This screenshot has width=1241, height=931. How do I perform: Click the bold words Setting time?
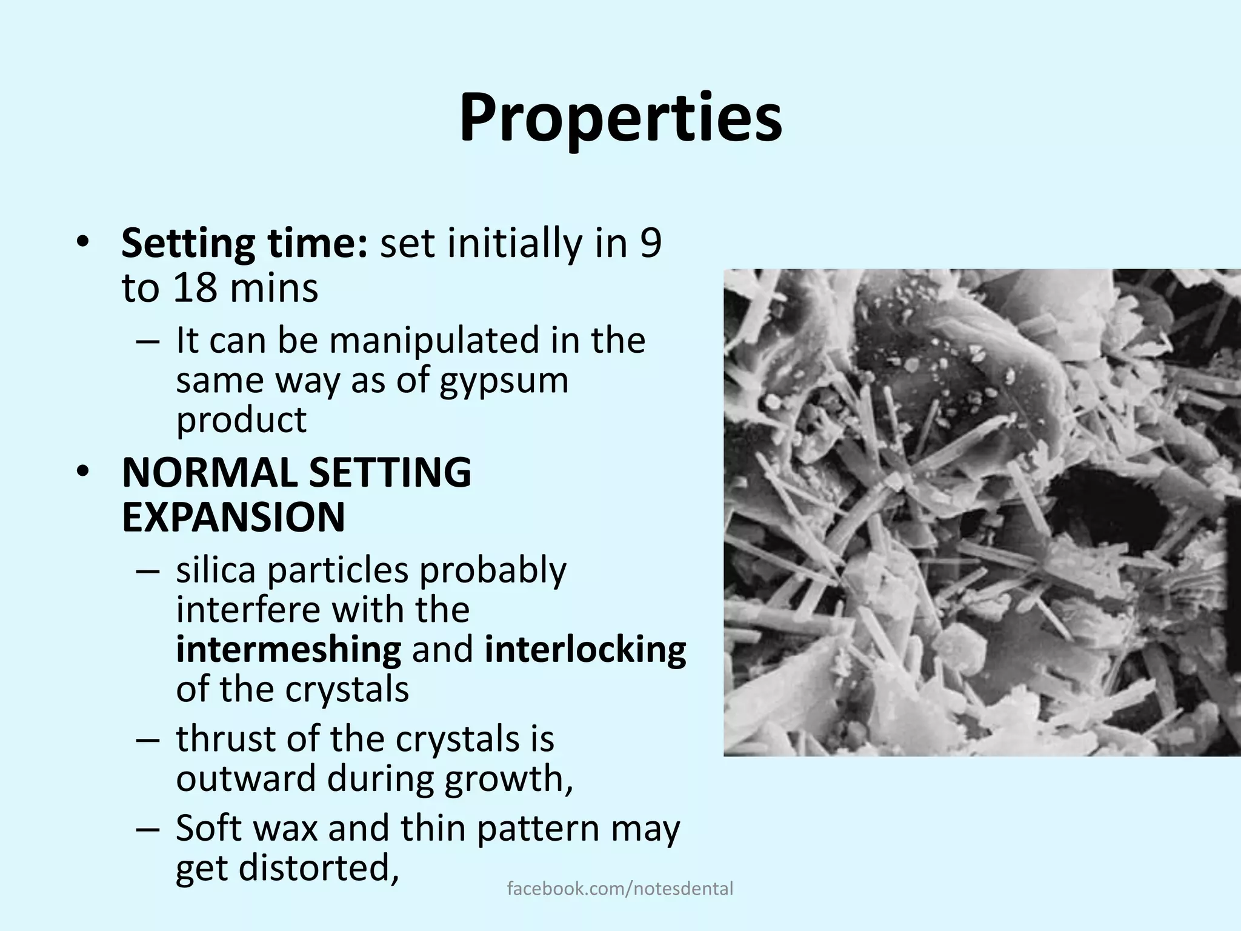coord(244,244)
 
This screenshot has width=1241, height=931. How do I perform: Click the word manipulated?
coord(434,340)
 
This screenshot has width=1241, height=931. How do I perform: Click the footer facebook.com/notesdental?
coord(620,889)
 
